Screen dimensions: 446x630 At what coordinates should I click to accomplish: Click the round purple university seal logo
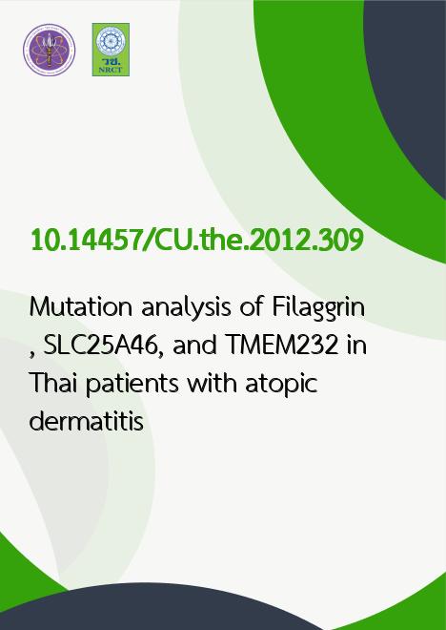[49, 50]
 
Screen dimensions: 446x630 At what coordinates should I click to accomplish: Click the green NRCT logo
[111, 50]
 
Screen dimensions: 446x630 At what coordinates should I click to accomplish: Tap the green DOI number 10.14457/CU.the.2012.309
[197, 241]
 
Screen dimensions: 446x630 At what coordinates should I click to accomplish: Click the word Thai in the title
[53, 383]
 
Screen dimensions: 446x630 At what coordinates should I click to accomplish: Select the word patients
[132, 385]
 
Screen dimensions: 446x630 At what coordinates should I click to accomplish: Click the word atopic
[281, 385]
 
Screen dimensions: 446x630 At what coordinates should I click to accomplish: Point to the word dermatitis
[87, 420]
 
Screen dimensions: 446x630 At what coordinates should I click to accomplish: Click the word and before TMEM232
[195, 346]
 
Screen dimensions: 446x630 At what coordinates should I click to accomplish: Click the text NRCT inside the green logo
[111, 70]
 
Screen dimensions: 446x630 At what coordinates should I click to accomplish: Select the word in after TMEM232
[356, 346]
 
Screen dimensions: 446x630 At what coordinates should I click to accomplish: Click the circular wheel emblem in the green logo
[111, 41]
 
